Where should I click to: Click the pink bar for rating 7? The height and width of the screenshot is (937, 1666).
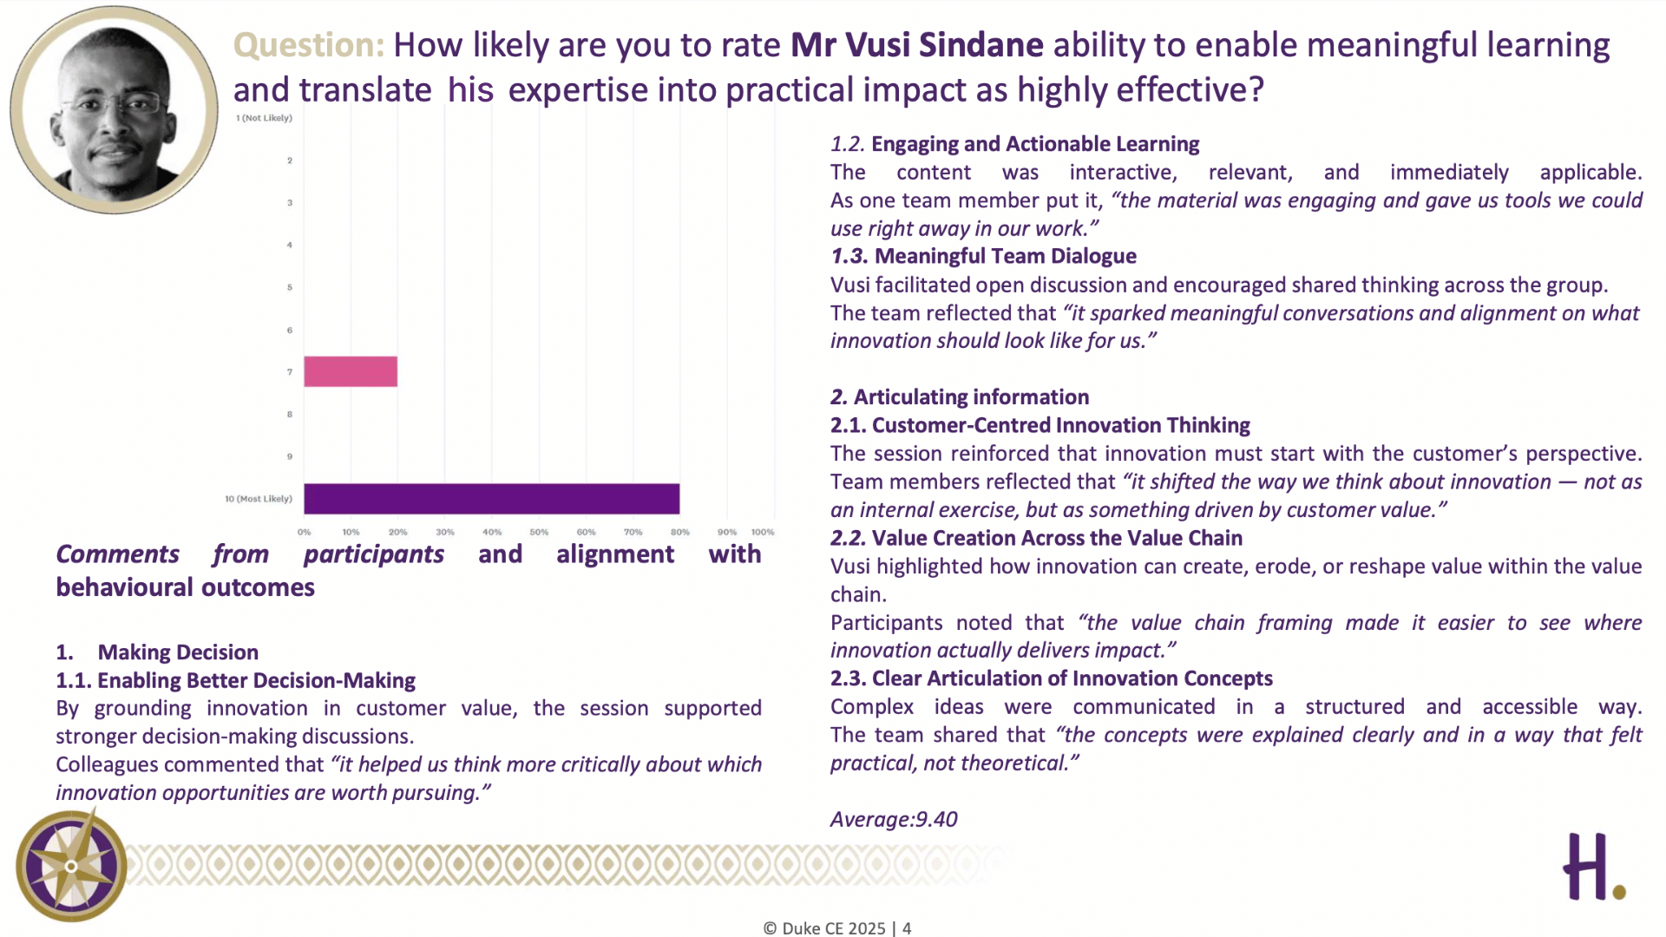[351, 371]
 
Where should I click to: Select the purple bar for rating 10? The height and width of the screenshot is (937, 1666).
[492, 499]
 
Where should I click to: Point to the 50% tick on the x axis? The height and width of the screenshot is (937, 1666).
[539, 532]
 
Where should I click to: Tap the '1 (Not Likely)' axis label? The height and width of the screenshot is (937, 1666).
[264, 118]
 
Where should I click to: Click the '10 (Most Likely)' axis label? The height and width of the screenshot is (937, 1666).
[259, 499]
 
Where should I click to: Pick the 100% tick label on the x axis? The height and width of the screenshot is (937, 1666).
[763, 532]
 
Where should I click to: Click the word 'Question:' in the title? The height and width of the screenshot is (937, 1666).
[308, 45]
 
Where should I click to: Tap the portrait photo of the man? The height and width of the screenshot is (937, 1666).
[114, 109]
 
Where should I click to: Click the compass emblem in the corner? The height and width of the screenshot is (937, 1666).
[71, 866]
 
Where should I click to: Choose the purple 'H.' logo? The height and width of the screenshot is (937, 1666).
[1594, 867]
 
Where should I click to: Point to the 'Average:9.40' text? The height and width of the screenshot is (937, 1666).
[894, 819]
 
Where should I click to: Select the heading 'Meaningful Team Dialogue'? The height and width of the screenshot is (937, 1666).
[1006, 256]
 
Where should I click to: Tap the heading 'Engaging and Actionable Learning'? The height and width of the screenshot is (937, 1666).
[1035, 144]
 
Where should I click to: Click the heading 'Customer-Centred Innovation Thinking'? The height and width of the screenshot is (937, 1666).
[1061, 425]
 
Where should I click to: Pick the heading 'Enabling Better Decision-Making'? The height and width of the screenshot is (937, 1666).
[256, 680]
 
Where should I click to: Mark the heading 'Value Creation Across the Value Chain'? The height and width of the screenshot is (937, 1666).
[1057, 538]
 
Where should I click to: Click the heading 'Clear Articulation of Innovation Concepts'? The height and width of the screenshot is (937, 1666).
[1072, 678]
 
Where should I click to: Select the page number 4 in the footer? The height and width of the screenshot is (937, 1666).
[907, 928]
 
